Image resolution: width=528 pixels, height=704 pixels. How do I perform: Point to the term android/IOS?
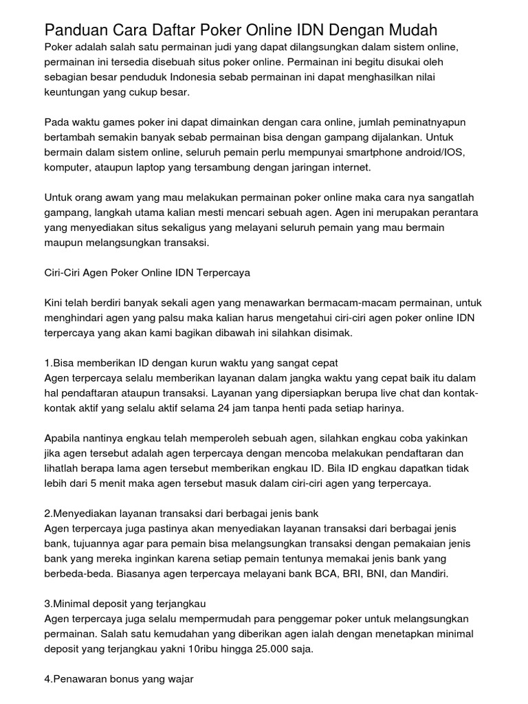(440, 152)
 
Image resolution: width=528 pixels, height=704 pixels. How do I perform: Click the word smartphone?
(363, 152)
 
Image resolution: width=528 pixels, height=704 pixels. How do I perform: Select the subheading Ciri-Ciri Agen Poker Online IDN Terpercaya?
(147, 272)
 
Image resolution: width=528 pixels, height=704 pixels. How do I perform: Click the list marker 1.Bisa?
(60, 362)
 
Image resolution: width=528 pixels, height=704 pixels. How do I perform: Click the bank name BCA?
(329, 574)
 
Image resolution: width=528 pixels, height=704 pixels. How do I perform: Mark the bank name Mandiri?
(428, 574)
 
